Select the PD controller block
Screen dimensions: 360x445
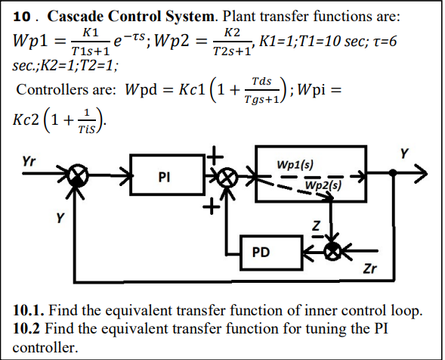click(x=261, y=253)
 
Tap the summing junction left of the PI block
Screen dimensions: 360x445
click(x=76, y=178)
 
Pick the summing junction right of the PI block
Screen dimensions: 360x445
click(x=224, y=178)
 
